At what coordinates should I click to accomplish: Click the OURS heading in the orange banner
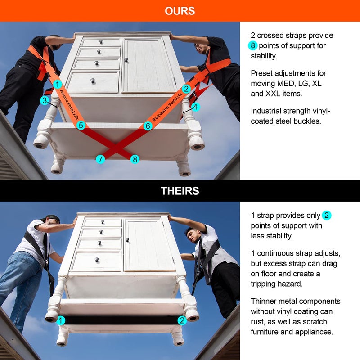(x=180, y=11)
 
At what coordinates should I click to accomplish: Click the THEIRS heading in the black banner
(x=180, y=191)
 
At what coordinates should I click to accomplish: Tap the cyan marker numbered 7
(x=100, y=159)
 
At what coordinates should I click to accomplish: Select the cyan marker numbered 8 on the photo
(x=135, y=159)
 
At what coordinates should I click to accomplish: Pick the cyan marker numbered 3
(x=44, y=101)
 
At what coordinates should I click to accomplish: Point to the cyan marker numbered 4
(x=195, y=107)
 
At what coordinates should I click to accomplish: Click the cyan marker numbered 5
(x=81, y=126)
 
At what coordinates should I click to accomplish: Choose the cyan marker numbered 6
(x=148, y=126)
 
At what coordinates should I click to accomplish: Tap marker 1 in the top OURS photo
(x=57, y=84)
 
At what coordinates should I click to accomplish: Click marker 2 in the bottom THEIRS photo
(x=182, y=320)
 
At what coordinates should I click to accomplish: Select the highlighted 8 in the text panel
(x=253, y=45)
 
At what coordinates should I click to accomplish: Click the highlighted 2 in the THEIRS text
(x=327, y=216)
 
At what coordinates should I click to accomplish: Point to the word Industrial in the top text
(x=267, y=111)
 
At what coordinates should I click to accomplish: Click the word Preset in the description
(x=262, y=73)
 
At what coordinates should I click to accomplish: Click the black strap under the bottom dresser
(x=121, y=320)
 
